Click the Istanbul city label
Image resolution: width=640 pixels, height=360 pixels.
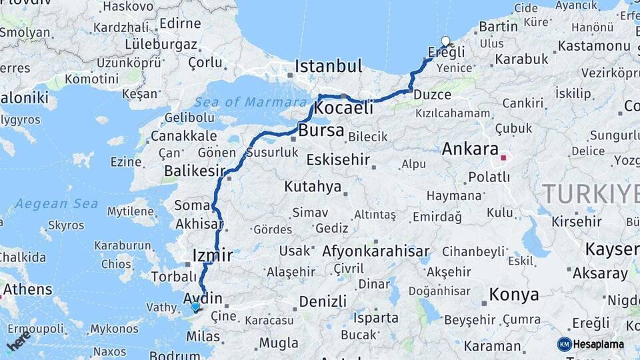pyautogui.click(x=329, y=66)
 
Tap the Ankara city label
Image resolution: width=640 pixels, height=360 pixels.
pyautogui.click(x=470, y=149)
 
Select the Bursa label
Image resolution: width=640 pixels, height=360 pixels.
pyautogui.click(x=321, y=130)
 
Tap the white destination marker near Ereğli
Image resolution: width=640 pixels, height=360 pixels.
pyautogui.click(x=446, y=41)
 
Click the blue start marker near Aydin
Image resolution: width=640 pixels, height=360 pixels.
pyautogui.click(x=195, y=307)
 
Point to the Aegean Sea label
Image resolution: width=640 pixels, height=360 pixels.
pyautogui.click(x=57, y=203)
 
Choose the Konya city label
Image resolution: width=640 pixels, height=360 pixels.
pyautogui.click(x=514, y=294)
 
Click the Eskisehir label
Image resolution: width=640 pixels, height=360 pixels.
pyautogui.click(x=340, y=159)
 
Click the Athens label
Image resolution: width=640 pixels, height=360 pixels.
pyautogui.click(x=27, y=289)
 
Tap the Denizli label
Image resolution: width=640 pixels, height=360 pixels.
pyautogui.click(x=323, y=301)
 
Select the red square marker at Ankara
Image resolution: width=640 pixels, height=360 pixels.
pyautogui.click(x=504, y=159)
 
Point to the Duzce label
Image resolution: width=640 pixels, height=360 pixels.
pyautogui.click(x=432, y=95)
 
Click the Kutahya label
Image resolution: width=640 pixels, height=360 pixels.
pyautogui.click(x=312, y=187)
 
